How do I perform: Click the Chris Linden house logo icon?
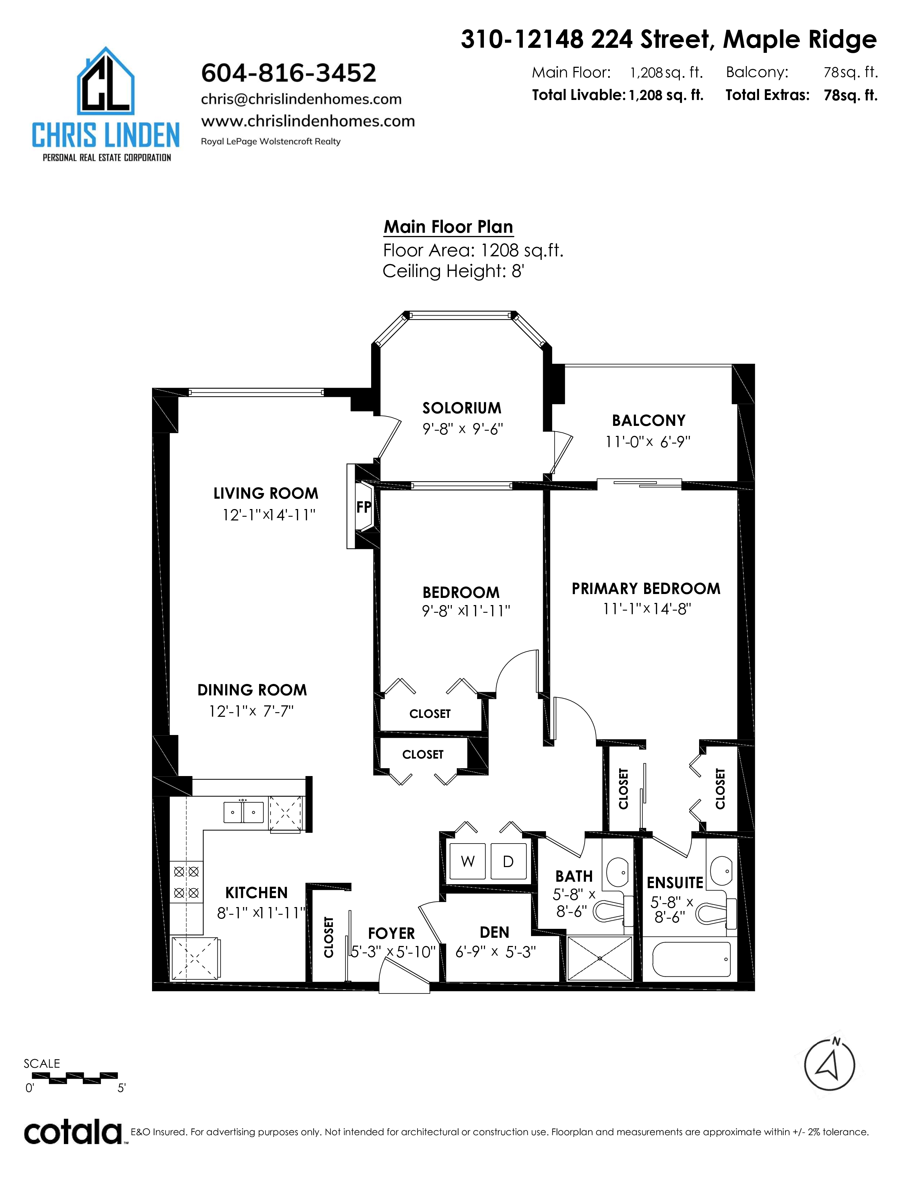106,81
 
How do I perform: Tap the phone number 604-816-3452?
288,73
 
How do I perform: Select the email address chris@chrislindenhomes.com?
301,99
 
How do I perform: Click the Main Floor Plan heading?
448,227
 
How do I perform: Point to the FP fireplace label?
364,507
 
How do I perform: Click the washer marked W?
467,861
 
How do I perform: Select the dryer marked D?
508,861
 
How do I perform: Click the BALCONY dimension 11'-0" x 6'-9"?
647,442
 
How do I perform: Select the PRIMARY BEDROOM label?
646,588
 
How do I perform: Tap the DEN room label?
494,932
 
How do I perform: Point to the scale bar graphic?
71,1078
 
